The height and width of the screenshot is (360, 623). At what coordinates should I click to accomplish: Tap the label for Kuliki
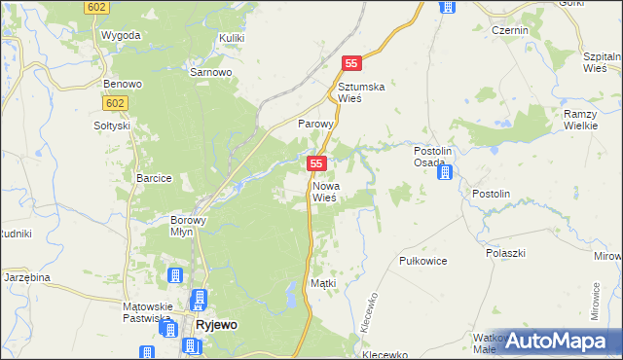[x=231, y=37]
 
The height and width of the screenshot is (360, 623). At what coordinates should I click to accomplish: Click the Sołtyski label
[x=112, y=126]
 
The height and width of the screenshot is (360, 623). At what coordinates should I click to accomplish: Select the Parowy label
[x=315, y=125]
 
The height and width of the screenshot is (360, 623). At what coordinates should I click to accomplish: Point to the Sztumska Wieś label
[x=361, y=92]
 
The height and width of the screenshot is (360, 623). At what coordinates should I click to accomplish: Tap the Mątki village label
[x=322, y=283]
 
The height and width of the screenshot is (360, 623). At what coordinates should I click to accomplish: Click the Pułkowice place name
[x=423, y=262]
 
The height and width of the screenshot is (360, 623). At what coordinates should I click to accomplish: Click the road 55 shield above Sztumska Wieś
[x=352, y=63]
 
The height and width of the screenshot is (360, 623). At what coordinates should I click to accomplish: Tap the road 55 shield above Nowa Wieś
[x=315, y=164]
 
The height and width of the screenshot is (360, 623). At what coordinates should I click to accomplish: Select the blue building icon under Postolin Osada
[x=444, y=173]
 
